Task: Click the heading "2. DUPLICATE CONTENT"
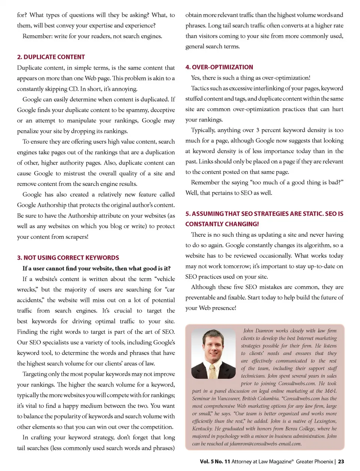pos(51,57)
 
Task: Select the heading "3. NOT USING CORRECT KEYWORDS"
pos(68,258)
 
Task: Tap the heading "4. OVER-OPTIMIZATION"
pos(219,67)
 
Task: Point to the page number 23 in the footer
pos(341,462)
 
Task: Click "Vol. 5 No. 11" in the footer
pos(215,462)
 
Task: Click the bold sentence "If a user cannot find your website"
pos(96,268)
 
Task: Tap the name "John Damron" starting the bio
pos(258,331)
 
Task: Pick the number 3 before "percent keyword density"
pos(258,130)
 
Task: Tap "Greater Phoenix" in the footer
pos(314,462)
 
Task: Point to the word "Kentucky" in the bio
pos(202,429)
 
